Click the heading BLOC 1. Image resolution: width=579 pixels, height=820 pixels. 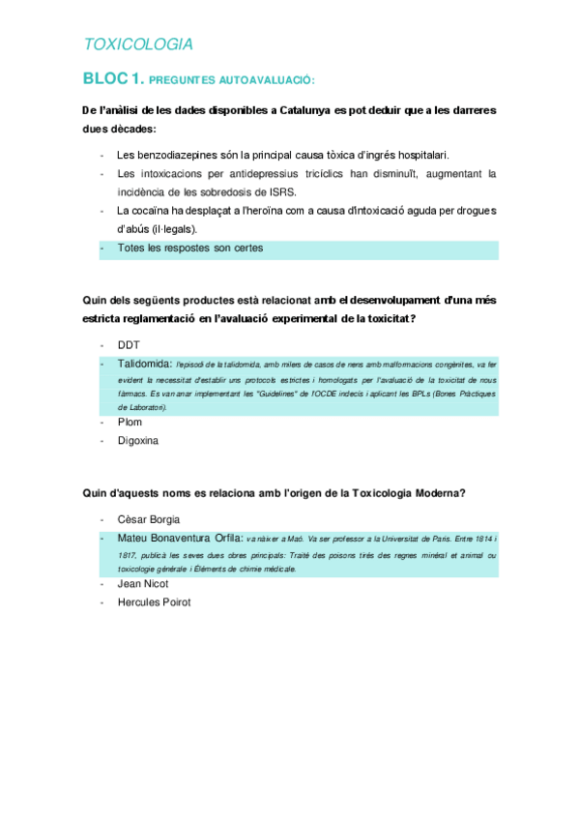pos(113,77)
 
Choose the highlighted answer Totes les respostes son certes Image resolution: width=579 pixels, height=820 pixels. pos(189,248)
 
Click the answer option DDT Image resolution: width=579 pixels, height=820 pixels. pos(130,344)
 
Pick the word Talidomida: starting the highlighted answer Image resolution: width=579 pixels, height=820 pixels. pos(145,364)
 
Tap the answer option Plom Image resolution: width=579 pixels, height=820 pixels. pos(130,422)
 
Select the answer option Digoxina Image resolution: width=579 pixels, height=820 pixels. pos(137,440)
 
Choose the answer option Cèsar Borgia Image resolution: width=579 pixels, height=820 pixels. pos(148,519)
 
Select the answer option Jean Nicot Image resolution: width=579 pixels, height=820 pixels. pos(142,583)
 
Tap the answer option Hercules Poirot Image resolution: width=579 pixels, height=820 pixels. pos(154,601)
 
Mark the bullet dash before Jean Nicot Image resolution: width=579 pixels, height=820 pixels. pos(101,583)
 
